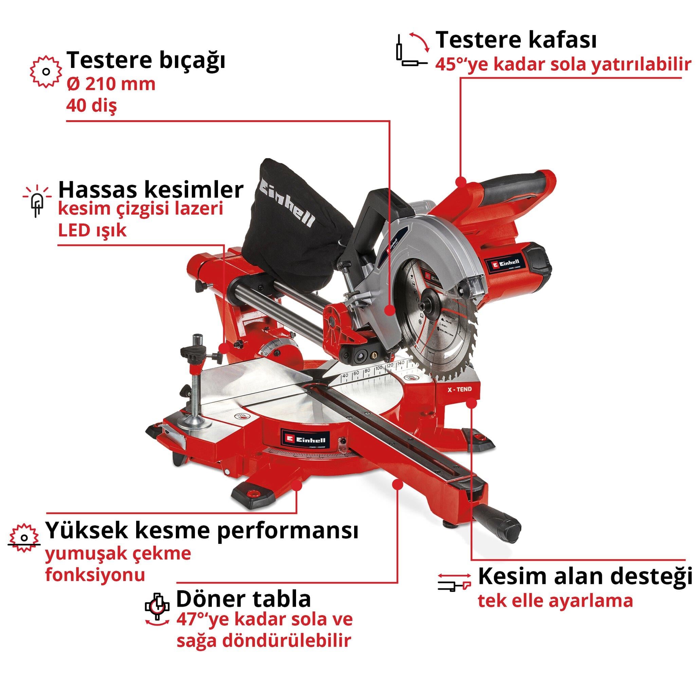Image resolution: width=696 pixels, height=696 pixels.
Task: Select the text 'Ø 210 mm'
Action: tap(111, 84)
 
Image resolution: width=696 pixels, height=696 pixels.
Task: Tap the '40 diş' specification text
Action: tap(92, 106)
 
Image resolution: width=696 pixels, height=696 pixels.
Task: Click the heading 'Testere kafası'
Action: tap(516, 40)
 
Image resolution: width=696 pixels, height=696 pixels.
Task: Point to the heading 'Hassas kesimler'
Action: tap(151, 190)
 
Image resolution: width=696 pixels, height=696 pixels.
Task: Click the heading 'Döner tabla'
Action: tap(243, 599)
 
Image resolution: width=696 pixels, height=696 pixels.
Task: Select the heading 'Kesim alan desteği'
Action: tap(585, 576)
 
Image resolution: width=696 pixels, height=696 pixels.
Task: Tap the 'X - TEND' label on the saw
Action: tap(459, 389)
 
